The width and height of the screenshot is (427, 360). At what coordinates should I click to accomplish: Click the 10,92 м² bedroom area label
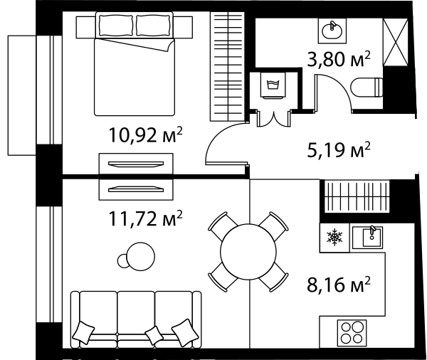[145, 134]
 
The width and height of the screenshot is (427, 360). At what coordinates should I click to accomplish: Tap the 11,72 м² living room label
[145, 218]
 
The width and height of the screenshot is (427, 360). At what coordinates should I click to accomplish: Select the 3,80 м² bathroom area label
[339, 59]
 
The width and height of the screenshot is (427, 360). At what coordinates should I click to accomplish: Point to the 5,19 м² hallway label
[339, 149]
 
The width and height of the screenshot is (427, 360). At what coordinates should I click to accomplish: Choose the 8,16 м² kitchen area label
[339, 285]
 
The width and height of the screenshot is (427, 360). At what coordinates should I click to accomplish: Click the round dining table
[248, 252]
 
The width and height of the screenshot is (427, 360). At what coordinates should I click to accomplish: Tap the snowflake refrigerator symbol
[334, 236]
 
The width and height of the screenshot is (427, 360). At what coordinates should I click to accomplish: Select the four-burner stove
[352, 332]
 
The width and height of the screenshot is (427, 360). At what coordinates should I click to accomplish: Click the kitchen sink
[368, 238]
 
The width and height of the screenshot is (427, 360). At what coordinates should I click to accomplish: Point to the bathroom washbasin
[332, 31]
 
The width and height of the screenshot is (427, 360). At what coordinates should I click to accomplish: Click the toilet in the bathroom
[367, 88]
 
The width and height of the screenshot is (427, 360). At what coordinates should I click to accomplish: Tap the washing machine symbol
[273, 85]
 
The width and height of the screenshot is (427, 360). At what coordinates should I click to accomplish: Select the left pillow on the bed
[116, 26]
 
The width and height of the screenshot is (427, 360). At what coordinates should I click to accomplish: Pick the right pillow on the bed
[154, 26]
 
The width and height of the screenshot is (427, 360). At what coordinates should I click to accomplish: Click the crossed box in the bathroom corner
[396, 42]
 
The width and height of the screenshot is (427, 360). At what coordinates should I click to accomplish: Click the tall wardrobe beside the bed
[227, 66]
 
